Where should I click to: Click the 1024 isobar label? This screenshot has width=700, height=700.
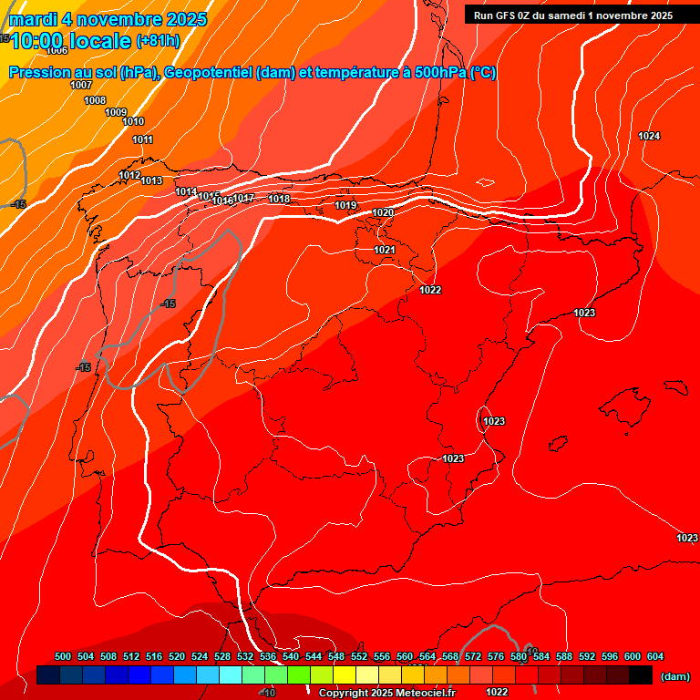click(649, 136)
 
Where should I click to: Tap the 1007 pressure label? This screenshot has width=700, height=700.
click(81, 85)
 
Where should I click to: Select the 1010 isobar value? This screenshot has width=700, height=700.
click(133, 121)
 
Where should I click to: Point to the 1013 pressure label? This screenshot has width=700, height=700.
click(151, 180)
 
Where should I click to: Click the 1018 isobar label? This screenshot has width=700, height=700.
click(279, 199)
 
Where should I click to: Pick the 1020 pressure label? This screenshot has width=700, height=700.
click(383, 212)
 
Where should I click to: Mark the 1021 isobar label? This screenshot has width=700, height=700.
click(385, 250)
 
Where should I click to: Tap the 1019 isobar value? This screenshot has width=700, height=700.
click(345, 205)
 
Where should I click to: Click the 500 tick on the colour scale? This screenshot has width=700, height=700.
click(63, 656)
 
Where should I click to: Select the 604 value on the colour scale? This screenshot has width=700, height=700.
click(655, 656)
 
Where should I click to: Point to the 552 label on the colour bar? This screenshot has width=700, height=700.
click(359, 656)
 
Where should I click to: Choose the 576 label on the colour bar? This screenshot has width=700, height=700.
click(496, 656)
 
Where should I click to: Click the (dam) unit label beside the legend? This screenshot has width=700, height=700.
click(674, 676)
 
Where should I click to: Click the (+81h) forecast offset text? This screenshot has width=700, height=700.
click(158, 41)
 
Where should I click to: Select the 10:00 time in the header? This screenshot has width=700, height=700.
click(39, 41)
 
